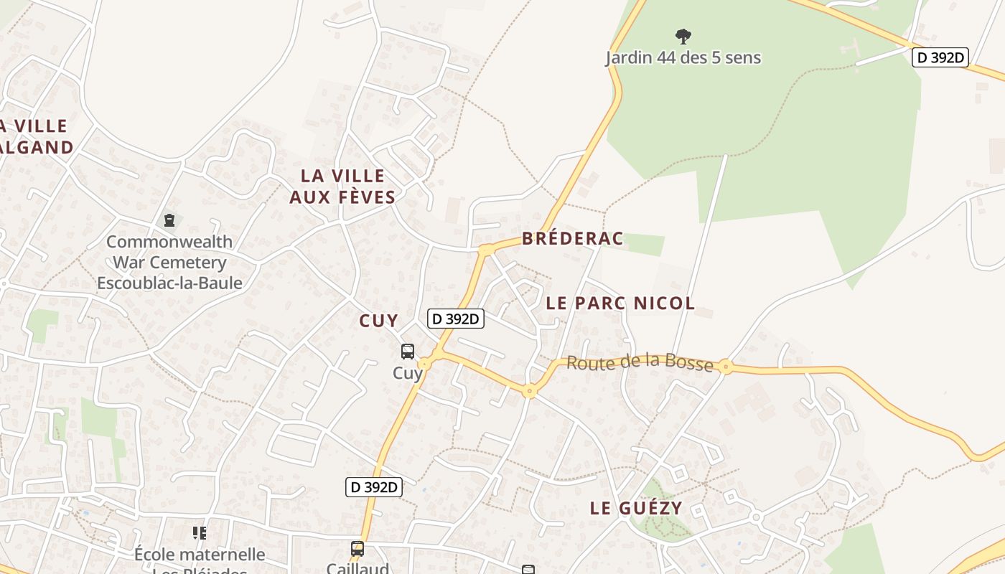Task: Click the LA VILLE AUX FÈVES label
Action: [x=342, y=187]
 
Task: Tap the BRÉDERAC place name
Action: [x=572, y=239]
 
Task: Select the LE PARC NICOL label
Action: [x=620, y=304]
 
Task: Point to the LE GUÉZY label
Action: [x=636, y=509]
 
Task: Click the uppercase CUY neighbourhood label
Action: [x=378, y=321]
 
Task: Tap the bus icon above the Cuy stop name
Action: [x=408, y=352]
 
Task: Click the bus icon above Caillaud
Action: [x=357, y=549]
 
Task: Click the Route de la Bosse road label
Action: [x=640, y=363]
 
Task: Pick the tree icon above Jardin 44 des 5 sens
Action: [x=683, y=36]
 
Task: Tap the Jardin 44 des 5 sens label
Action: [x=683, y=57]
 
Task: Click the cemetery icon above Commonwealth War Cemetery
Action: [x=169, y=220]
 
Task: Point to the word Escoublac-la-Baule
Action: [x=169, y=283]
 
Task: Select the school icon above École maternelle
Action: [x=200, y=533]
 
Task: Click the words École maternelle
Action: [x=200, y=555]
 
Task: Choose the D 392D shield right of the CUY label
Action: [x=456, y=319]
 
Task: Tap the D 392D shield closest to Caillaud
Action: [x=374, y=487]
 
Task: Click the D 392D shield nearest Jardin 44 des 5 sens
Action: [x=940, y=57]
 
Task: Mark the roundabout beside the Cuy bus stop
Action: [x=425, y=364]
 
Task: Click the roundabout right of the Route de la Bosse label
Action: [x=726, y=367]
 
